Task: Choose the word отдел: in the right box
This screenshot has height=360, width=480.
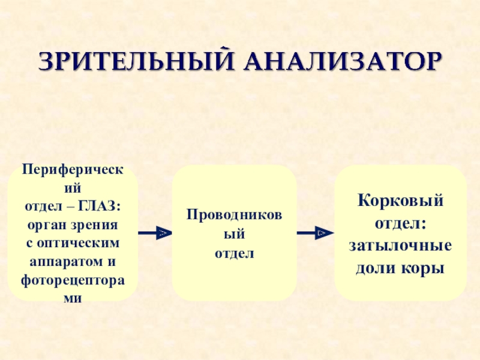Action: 400,223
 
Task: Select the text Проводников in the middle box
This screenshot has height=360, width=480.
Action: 235,215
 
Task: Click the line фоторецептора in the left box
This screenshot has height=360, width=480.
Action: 72,280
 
